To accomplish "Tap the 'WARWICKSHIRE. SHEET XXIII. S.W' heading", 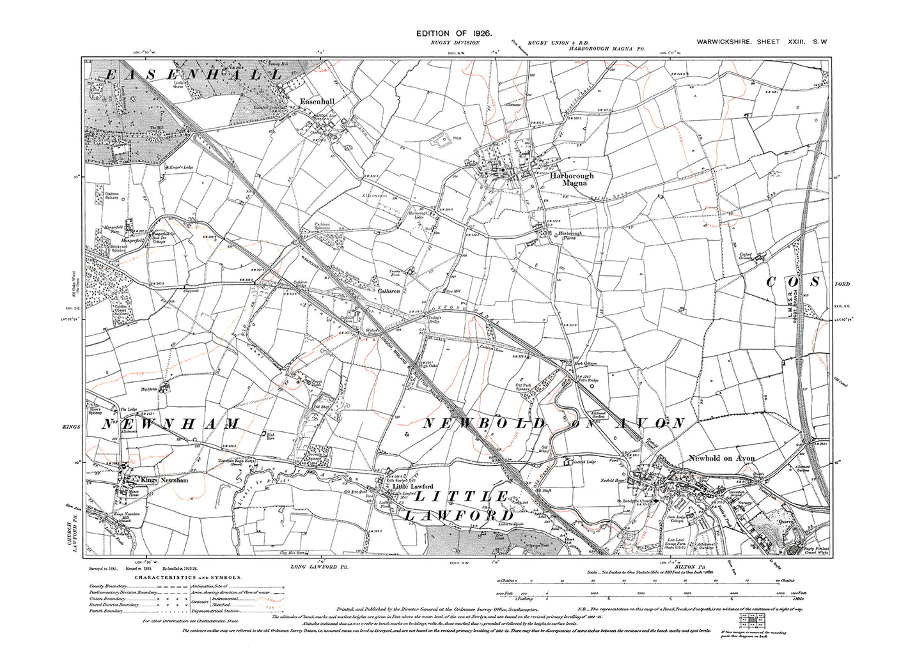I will [x=762, y=42].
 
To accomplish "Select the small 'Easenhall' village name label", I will [x=318, y=100].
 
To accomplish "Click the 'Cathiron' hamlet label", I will [x=389, y=290].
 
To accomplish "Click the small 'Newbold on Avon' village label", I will [x=722, y=458].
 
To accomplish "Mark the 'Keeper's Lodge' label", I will [x=181, y=167].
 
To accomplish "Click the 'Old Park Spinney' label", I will [x=525, y=388].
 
